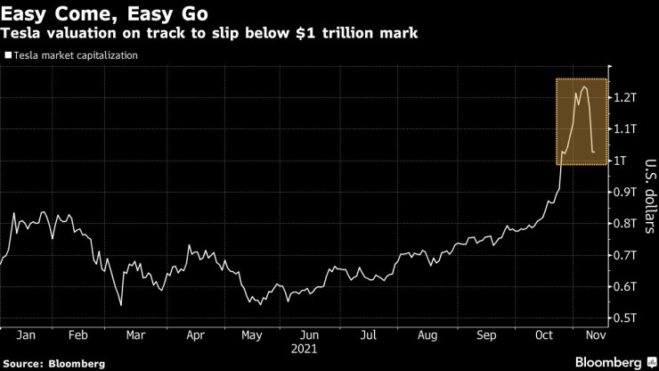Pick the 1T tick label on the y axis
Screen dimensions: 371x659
tap(621, 160)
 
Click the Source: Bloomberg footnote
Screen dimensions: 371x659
tap(53, 363)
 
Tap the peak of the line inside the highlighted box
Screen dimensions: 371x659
tap(584, 87)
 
